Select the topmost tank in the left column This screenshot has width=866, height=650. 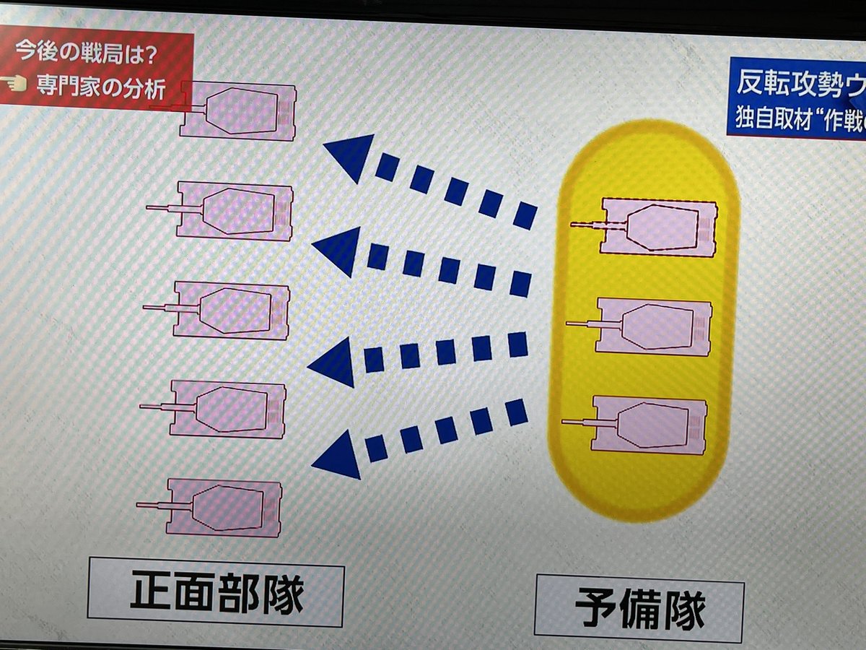click(238, 111)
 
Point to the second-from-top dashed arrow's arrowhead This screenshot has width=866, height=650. click(338, 250)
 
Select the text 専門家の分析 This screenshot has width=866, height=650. click(101, 87)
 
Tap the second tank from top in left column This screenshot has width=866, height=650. click(235, 211)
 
